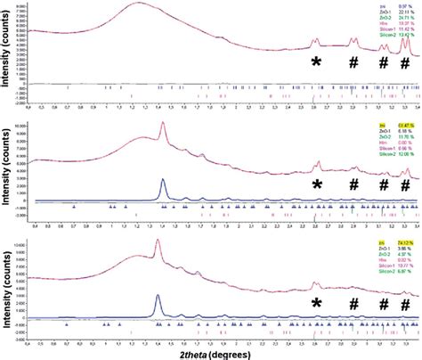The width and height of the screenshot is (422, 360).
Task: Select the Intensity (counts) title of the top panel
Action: click(x=8, y=54)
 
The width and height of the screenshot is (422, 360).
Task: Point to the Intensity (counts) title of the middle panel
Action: click(x=8, y=175)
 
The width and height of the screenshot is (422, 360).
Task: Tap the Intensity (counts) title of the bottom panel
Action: click(x=8, y=294)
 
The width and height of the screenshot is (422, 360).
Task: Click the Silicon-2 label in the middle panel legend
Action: click(x=385, y=154)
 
